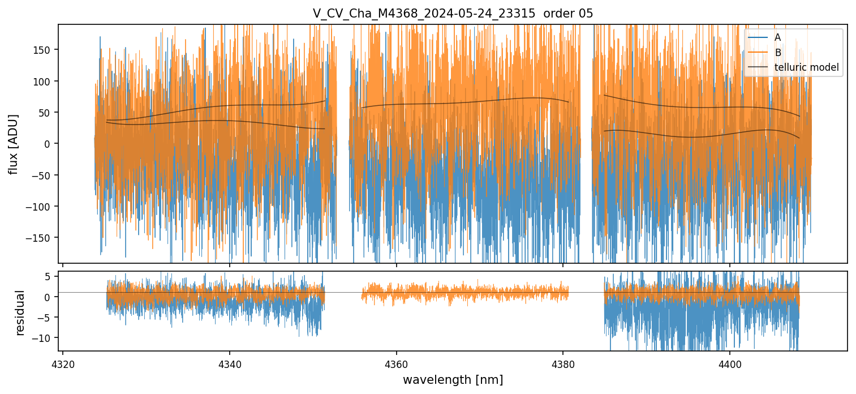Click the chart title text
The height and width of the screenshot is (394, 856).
click(453, 14)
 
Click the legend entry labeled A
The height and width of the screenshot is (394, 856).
click(777, 37)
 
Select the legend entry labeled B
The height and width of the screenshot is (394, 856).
click(777, 53)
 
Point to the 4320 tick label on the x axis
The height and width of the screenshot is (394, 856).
click(62, 363)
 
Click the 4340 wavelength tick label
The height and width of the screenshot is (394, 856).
click(229, 363)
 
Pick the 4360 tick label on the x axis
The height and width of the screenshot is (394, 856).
click(396, 363)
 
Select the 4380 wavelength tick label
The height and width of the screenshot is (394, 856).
click(563, 363)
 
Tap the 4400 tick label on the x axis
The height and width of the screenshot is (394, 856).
click(729, 363)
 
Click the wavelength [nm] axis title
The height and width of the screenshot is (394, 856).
click(453, 380)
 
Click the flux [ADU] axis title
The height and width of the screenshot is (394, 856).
click(13, 144)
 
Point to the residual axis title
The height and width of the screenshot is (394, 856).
click(20, 312)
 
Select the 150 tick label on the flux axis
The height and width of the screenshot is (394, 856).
click(44, 50)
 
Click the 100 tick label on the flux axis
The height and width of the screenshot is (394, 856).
click(44, 81)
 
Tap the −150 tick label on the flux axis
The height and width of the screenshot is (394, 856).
click(42, 237)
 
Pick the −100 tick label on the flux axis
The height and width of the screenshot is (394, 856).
click(42, 206)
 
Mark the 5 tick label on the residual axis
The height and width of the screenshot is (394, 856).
click(49, 276)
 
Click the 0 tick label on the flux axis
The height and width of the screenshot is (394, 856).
click(49, 144)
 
